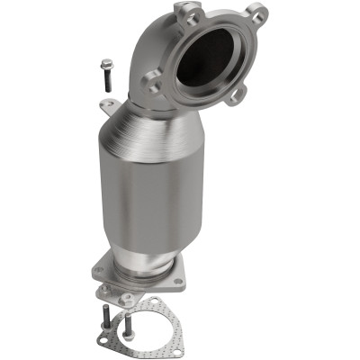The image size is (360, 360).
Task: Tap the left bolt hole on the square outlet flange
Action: coord(98,267)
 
